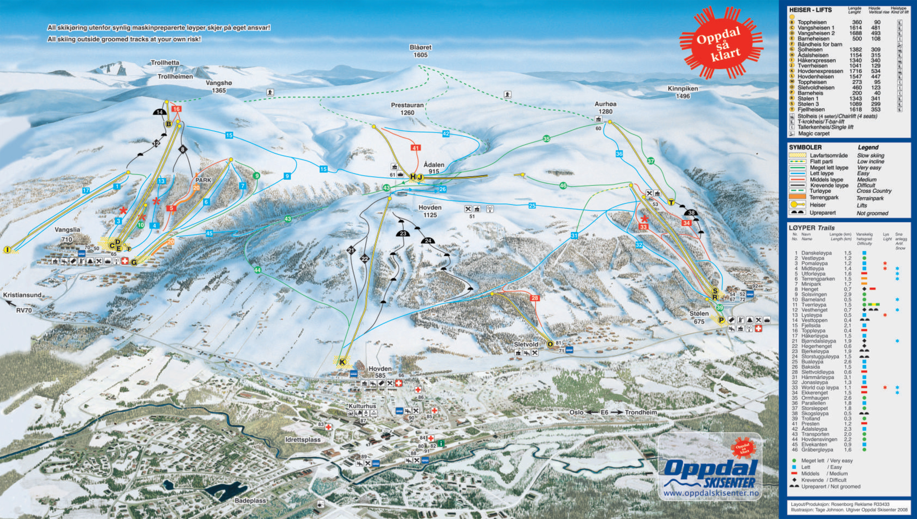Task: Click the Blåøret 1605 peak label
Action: coord(421,51)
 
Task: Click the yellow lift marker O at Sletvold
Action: coord(550,344)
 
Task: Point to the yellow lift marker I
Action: coord(7,250)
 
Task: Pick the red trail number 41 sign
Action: coord(415,148)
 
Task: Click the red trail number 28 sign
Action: coord(535,298)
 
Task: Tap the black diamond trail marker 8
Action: coord(183,149)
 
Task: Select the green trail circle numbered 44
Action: coord(257,270)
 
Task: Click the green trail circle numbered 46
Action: coord(563,185)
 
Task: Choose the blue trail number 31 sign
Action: coord(574,236)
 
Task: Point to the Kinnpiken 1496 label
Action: coord(683,92)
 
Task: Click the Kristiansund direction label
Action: coord(22,295)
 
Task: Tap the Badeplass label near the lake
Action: coord(250,501)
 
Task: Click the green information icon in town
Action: coord(441,443)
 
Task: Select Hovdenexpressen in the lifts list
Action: coord(820,71)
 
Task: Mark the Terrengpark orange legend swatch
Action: coord(797,197)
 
